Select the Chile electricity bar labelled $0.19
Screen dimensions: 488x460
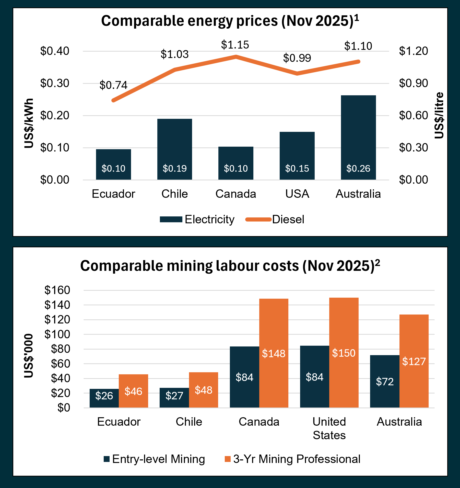[174, 149]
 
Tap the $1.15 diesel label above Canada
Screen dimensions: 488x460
[235, 45]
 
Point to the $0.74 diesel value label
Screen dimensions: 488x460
[113, 85]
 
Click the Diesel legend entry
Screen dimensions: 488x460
[288, 219]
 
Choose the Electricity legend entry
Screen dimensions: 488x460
[209, 219]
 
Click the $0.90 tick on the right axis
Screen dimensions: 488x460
[413, 83]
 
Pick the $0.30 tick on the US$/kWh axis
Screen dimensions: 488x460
[55, 83]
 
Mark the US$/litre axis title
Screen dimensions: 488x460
[439, 115]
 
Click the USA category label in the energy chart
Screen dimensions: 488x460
[297, 194]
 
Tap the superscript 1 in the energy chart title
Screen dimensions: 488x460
[357, 18]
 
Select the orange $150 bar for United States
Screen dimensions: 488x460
[344, 353]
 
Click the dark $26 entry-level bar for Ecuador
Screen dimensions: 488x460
[104, 398]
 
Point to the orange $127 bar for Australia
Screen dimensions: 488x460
[414, 361]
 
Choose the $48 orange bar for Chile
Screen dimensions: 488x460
[203, 390]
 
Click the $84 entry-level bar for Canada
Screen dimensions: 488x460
[244, 377]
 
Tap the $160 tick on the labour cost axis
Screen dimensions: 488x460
[57, 290]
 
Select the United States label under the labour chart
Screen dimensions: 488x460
[329, 428]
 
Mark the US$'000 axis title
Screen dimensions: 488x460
[29, 356]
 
